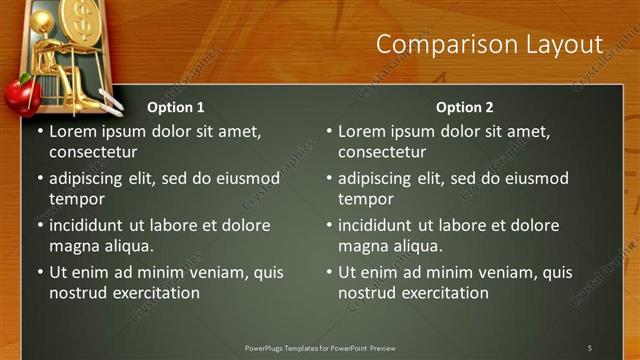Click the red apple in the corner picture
pyautogui.click(x=19, y=96)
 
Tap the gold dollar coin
pyautogui.click(x=77, y=17)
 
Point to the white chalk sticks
pyautogui.click(x=106, y=101)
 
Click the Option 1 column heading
pyautogui.click(x=176, y=107)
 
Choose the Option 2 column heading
pyautogui.click(x=465, y=107)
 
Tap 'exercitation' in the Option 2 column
pyautogui.click(x=443, y=293)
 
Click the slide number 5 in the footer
pyautogui.click(x=589, y=347)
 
